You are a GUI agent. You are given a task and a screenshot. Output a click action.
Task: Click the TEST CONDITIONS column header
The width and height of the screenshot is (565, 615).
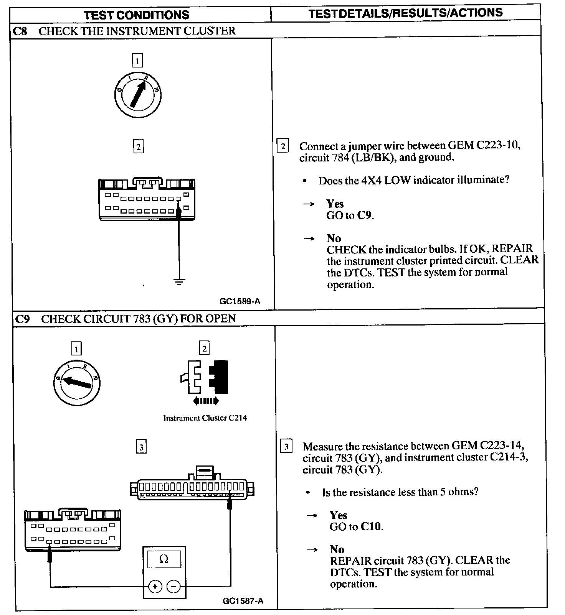tap(136, 15)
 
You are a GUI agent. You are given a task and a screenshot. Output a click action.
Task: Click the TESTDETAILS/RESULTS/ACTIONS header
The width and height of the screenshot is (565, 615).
tap(405, 13)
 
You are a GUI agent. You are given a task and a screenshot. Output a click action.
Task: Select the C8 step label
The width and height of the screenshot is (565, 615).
tap(20, 31)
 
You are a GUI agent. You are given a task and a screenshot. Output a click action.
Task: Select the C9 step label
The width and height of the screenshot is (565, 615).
tap(22, 319)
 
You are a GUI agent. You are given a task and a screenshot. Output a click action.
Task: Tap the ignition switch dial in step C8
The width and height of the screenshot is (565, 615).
tap(138, 94)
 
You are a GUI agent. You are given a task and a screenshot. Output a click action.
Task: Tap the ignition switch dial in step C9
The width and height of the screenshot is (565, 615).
tap(76, 382)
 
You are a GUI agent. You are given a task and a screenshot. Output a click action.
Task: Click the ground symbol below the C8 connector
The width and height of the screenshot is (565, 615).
tap(179, 283)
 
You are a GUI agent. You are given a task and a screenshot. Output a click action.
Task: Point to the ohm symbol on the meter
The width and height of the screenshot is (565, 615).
tap(164, 559)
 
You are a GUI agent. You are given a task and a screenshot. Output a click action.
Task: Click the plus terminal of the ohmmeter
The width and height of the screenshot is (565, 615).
tap(155, 587)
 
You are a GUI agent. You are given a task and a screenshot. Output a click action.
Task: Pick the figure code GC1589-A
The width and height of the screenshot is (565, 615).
tap(240, 301)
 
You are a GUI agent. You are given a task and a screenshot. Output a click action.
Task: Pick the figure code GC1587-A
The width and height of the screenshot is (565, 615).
tap(243, 601)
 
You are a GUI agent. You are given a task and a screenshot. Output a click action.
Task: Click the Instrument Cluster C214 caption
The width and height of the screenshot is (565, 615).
tap(205, 418)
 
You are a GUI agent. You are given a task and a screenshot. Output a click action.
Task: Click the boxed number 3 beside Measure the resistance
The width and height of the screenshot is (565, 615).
tap(286, 447)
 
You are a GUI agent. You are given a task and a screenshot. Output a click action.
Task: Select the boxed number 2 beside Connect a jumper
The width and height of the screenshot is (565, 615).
tap(283, 146)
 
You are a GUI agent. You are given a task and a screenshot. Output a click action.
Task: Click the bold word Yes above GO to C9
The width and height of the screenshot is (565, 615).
tap(335, 204)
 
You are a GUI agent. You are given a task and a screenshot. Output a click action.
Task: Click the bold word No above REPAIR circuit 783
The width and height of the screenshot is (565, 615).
tap(337, 549)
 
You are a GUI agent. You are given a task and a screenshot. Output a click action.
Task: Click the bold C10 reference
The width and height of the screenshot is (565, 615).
tap(372, 526)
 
